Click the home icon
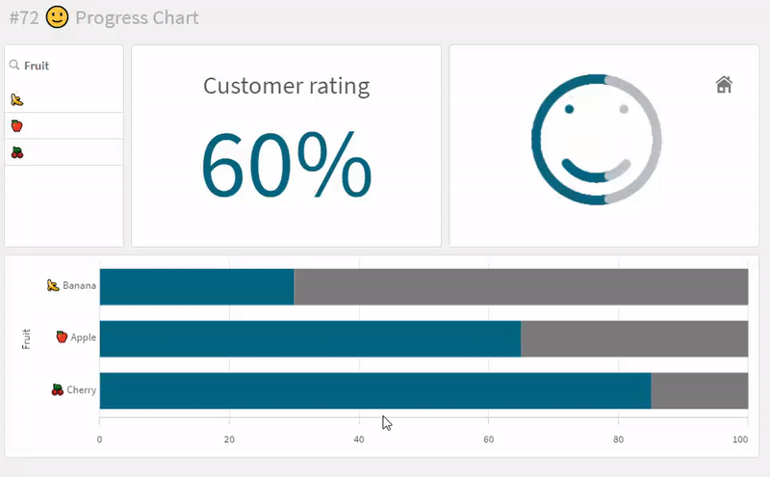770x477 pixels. [x=724, y=85]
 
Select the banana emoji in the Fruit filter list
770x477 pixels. [x=16, y=99]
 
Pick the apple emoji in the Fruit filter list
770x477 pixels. [x=16, y=126]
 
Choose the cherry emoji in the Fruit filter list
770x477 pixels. [x=16, y=152]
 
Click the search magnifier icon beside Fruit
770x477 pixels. [x=14, y=66]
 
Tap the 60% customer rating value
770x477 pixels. [x=286, y=164]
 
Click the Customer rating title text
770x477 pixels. [x=286, y=86]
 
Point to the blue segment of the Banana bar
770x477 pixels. [x=196, y=287]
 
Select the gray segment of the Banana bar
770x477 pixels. [x=520, y=287]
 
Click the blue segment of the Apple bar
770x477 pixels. [x=310, y=339]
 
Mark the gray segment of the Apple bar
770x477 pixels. [x=633, y=339]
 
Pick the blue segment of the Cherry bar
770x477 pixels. [x=375, y=390]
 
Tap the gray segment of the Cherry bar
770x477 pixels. [x=699, y=390]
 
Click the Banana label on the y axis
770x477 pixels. [x=79, y=286]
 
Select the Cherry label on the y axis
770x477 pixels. [x=81, y=390]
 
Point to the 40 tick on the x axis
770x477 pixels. [x=359, y=439]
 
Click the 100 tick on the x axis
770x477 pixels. [x=740, y=439]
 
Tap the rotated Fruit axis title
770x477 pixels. [x=27, y=338]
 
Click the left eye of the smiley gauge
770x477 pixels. [x=569, y=109]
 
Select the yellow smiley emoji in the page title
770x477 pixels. [x=58, y=17]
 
